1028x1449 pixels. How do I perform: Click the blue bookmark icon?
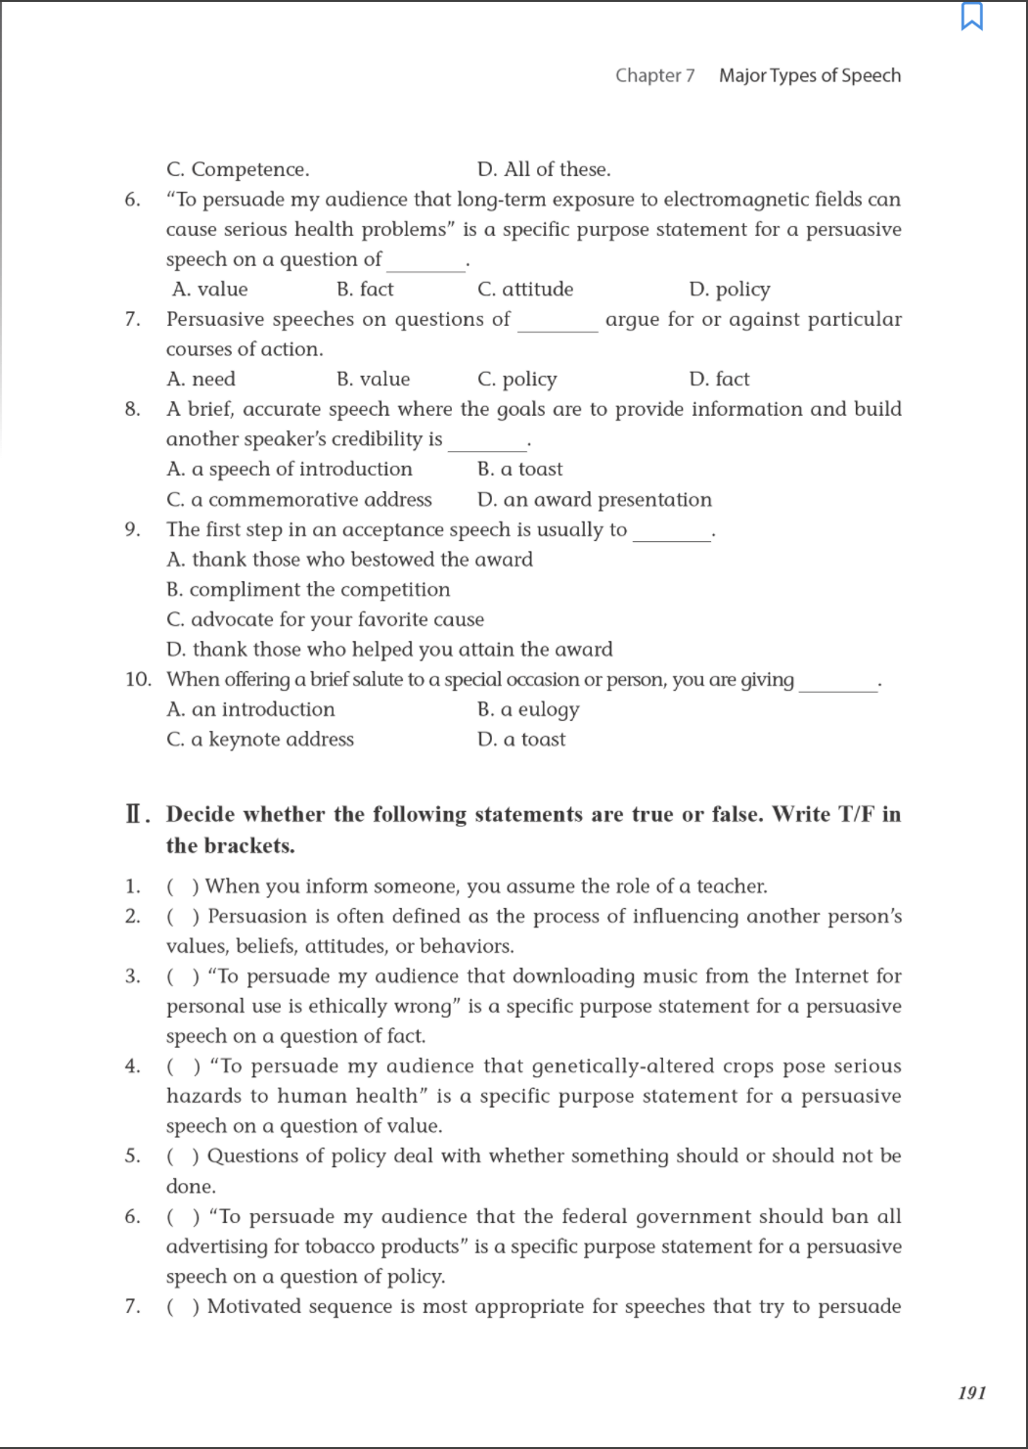(971, 17)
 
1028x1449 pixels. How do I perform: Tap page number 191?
(971, 1392)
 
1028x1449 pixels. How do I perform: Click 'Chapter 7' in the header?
(654, 75)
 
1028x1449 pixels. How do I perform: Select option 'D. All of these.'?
(544, 169)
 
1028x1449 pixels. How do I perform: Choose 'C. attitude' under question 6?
(525, 290)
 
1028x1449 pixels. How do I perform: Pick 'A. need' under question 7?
(201, 380)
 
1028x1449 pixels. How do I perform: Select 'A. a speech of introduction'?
(290, 470)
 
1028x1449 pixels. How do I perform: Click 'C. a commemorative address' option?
(299, 500)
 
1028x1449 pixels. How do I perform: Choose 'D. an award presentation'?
(595, 500)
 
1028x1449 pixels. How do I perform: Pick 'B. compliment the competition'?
(308, 590)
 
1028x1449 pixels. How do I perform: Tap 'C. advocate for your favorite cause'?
(325, 620)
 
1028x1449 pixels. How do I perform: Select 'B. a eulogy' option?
(528, 710)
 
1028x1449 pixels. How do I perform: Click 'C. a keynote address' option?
(260, 740)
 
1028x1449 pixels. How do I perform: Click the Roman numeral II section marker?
(137, 815)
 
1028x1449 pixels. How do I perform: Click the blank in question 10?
(838, 686)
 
